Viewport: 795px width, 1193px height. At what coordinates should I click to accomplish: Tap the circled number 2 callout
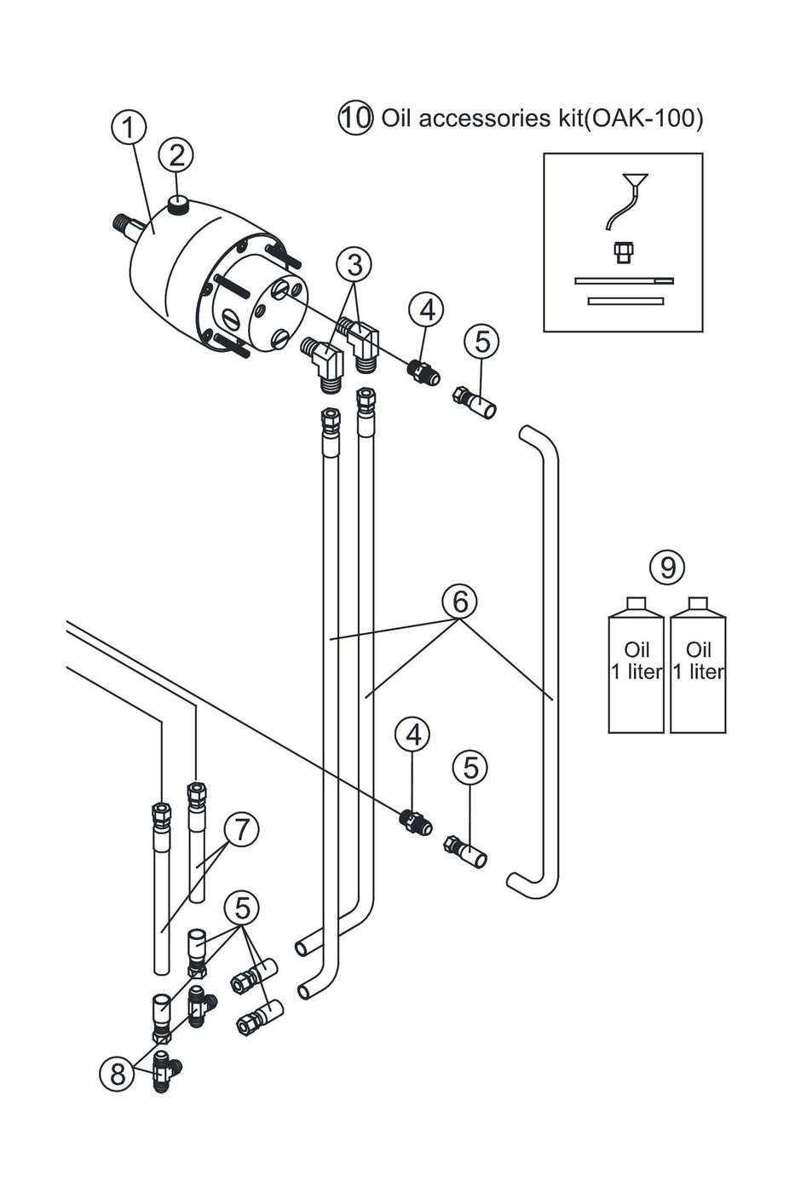click(x=176, y=155)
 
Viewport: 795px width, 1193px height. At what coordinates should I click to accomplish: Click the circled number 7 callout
click(x=242, y=829)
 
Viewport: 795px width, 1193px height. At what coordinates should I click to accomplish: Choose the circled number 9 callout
click(x=667, y=566)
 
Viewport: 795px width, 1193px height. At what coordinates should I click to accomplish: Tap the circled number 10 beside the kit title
click(x=355, y=118)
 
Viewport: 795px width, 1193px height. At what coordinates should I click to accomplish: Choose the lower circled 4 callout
click(x=412, y=735)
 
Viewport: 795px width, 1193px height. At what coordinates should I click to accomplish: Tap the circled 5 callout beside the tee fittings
click(x=242, y=908)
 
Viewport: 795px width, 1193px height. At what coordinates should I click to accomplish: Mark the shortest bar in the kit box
click(x=625, y=300)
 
